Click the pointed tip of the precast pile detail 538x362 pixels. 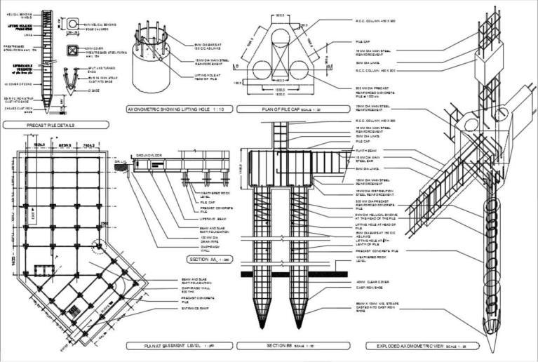point(47,113)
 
